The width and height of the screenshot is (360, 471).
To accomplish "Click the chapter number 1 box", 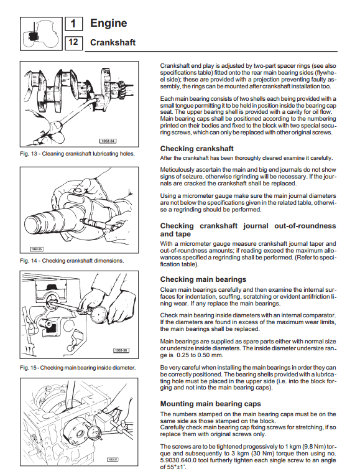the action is pos(73,24).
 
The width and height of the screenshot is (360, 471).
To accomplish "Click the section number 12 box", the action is pos(73,42).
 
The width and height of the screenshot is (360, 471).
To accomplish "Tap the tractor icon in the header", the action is pos(41,34).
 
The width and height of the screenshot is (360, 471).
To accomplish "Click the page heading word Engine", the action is pos(108,23).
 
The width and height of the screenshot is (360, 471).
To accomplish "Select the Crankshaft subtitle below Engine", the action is pos(113,42).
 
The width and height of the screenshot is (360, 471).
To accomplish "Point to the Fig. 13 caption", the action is pos(77,154).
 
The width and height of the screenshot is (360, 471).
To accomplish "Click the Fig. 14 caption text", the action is pos(72,261).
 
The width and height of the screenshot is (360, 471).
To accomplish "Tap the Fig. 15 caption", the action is pos(78,368).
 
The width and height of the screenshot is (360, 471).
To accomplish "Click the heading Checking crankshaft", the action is pos(196,149).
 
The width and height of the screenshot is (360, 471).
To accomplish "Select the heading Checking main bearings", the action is pos(203,279).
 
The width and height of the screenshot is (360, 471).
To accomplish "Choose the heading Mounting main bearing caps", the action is pos(211,404).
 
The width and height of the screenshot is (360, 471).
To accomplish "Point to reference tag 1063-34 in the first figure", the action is pos(108,141).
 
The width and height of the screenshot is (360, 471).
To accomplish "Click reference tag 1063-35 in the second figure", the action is pos(37,249).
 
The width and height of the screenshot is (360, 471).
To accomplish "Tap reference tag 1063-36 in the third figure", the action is pos(121,350).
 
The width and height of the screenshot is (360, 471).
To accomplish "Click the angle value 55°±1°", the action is pos(175,467).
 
